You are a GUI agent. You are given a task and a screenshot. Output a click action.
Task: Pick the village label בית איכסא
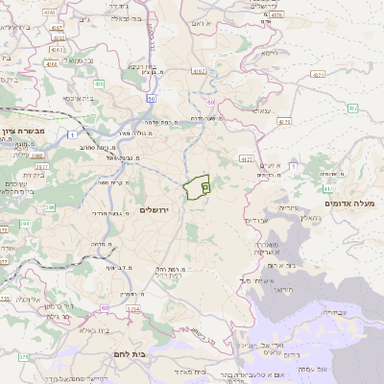[80, 97]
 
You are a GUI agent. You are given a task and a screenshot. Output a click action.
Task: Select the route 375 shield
[24, 356]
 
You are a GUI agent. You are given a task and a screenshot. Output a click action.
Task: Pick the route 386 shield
[38, 154]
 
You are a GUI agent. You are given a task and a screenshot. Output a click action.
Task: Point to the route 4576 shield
[276, 14]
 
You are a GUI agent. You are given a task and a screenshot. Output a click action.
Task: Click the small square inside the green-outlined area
[205, 188]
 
